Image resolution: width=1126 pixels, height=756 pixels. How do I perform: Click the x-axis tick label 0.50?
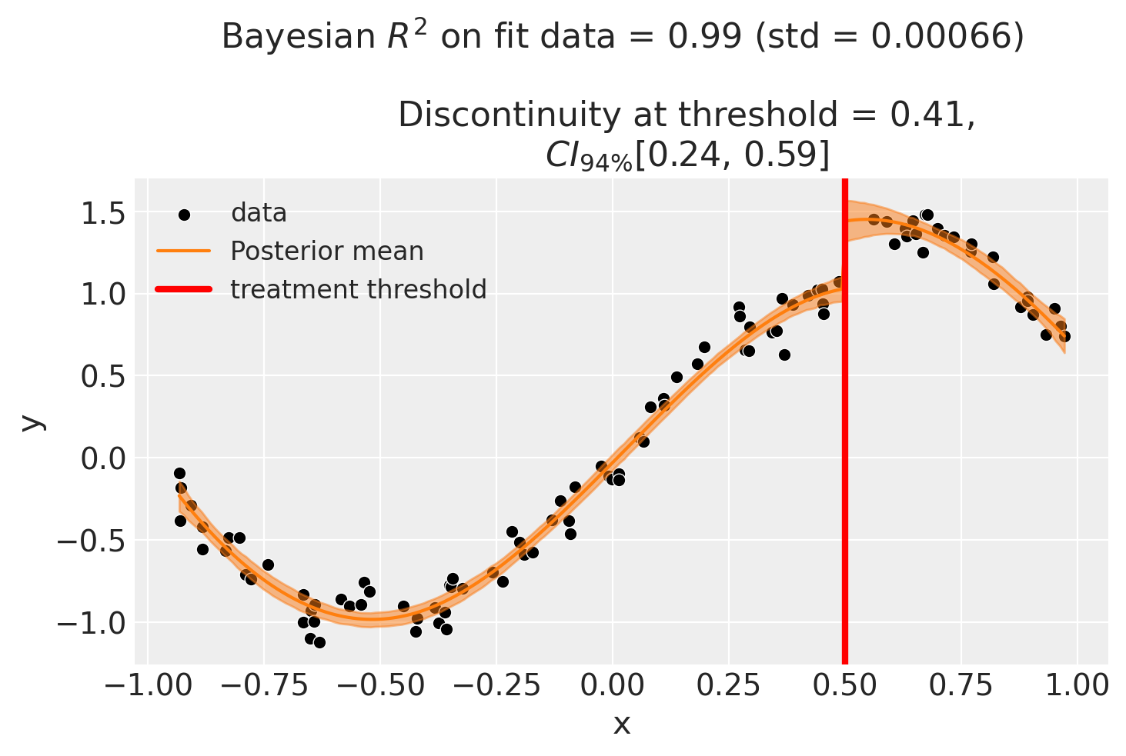844,684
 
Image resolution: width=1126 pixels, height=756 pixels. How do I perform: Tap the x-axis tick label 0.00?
612,684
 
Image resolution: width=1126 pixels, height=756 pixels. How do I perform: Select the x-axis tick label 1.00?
1077,684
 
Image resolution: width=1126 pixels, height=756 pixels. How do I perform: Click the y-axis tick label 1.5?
103,213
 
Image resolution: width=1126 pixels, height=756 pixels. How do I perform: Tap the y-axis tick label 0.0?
103,459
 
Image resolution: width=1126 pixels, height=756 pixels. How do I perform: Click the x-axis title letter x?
621,724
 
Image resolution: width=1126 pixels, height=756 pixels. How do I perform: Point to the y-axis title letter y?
31,421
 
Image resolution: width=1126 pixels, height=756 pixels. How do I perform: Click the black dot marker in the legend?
184,214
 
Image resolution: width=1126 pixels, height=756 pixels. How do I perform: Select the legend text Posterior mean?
327,251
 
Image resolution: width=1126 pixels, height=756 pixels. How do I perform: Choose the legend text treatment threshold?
359,290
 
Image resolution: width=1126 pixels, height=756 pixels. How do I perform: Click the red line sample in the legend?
184,290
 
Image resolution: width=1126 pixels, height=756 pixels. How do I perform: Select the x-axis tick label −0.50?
379,684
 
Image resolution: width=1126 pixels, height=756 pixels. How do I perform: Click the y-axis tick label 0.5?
103,377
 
